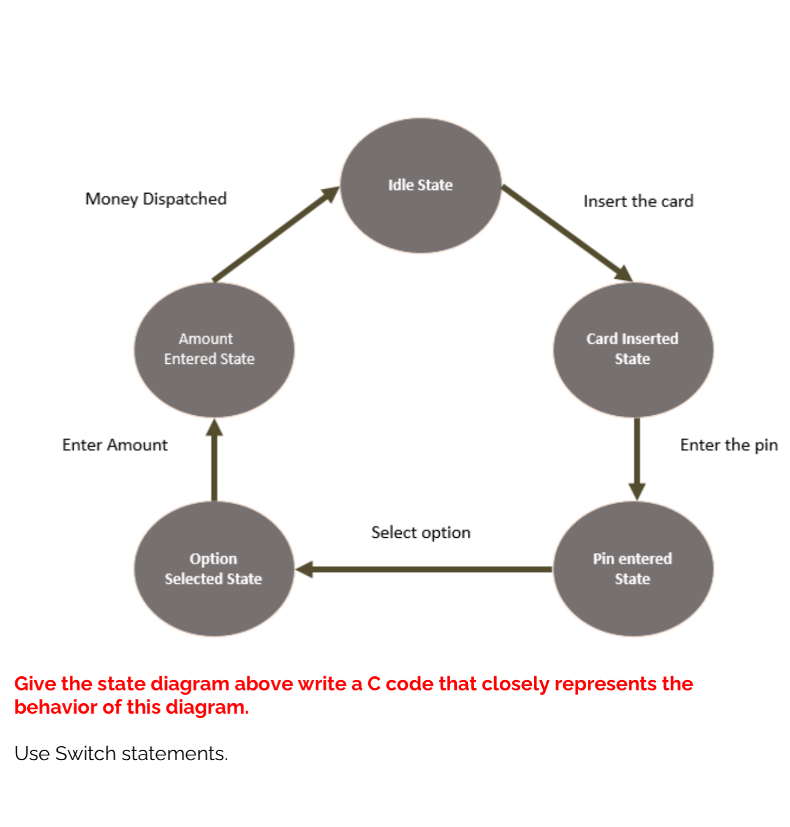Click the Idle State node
click(421, 186)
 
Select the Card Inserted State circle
click(633, 349)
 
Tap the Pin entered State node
click(633, 568)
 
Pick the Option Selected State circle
click(214, 568)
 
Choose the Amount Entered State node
click(214, 349)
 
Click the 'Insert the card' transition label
click(638, 201)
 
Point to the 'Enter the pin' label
click(728, 445)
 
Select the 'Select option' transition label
click(421, 532)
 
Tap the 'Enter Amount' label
click(115, 445)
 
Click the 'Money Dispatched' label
click(156, 198)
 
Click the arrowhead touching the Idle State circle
click(331, 193)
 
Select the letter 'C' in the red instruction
click(374, 684)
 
